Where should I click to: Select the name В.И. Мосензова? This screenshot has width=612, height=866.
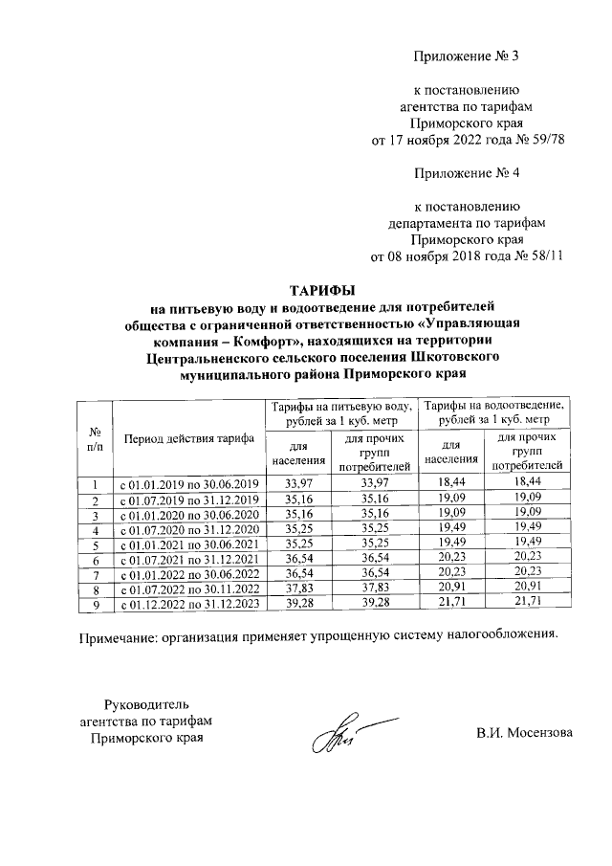point(525,734)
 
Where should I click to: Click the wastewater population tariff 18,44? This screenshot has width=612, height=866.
point(450,484)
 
